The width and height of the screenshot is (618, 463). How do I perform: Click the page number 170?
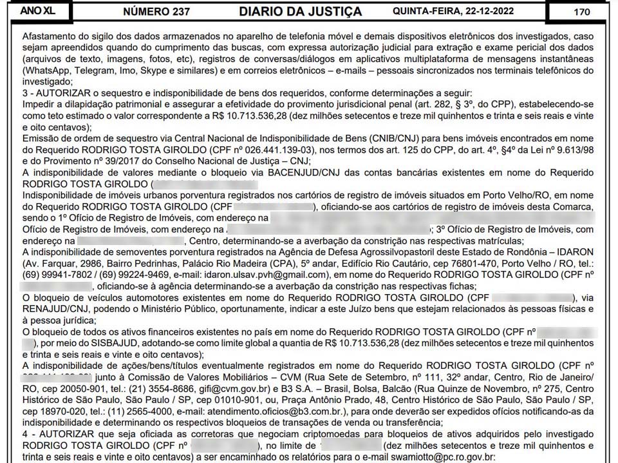581,11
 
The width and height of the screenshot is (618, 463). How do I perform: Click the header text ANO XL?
38,11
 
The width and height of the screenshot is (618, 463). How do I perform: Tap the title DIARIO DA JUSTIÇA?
300,12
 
